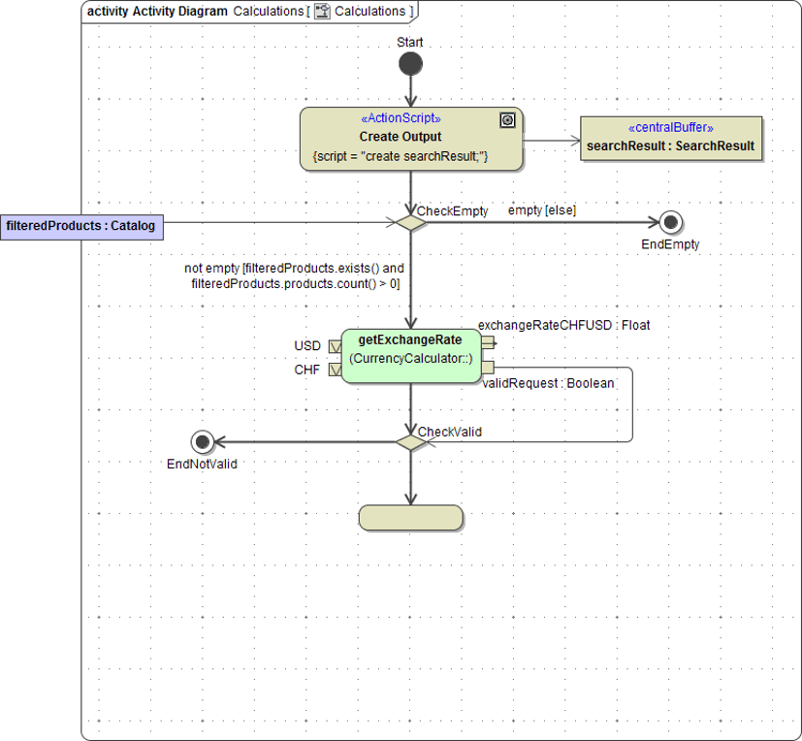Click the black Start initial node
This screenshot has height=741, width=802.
pyautogui.click(x=410, y=64)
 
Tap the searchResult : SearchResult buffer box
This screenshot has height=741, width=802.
pyautogui.click(x=670, y=139)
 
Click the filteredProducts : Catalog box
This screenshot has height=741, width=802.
pyautogui.click(x=80, y=226)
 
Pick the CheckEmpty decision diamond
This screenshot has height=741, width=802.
pyautogui.click(x=410, y=223)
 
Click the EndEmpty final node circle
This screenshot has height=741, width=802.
pyautogui.click(x=669, y=222)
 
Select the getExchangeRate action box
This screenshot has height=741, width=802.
pyautogui.click(x=410, y=355)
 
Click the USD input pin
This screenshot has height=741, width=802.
pyautogui.click(x=335, y=345)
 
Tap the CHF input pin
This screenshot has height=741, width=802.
pyautogui.click(x=335, y=369)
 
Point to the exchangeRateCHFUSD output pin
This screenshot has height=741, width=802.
pyautogui.click(x=488, y=341)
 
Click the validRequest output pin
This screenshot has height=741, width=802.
pyautogui.click(x=488, y=367)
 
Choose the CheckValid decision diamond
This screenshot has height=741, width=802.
pyautogui.click(x=410, y=442)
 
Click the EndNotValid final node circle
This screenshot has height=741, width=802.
pyautogui.click(x=202, y=442)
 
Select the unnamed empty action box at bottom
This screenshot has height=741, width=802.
pyautogui.click(x=410, y=518)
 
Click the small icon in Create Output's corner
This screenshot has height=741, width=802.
pyautogui.click(x=506, y=119)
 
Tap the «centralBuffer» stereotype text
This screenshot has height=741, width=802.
pyautogui.click(x=670, y=128)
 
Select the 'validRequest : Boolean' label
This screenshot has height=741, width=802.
pyautogui.click(x=548, y=383)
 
